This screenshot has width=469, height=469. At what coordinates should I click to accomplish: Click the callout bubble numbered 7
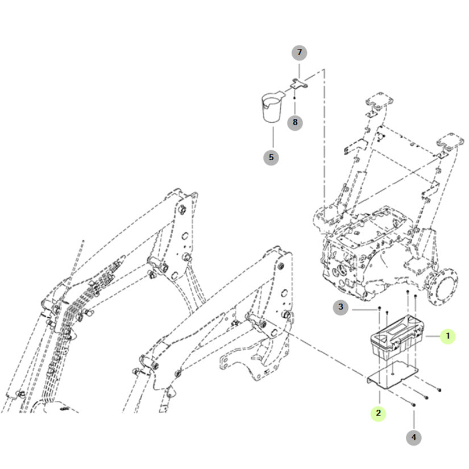(x=300, y=53)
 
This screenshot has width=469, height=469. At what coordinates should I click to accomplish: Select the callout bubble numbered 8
(x=295, y=122)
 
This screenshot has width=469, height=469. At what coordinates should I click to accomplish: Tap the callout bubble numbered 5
(x=271, y=157)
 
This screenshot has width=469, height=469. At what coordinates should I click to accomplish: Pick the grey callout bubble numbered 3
(x=341, y=307)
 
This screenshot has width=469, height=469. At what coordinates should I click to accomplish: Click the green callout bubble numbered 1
(x=448, y=336)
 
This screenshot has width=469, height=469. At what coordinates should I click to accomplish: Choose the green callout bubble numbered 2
(x=379, y=413)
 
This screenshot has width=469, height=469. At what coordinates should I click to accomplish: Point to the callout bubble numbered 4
(x=414, y=438)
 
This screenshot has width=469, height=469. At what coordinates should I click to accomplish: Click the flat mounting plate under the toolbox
(x=392, y=375)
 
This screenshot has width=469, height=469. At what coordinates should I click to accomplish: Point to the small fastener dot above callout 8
(x=294, y=98)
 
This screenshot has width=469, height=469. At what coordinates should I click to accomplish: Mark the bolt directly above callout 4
(x=413, y=404)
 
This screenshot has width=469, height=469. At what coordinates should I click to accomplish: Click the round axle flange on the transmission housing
(x=442, y=287)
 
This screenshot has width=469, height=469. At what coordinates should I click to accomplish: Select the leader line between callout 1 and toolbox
(x=433, y=336)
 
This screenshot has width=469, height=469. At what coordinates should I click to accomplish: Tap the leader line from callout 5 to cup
(x=273, y=138)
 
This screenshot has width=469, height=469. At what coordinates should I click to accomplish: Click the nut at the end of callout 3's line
(x=379, y=308)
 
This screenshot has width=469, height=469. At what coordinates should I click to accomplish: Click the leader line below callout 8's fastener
(x=294, y=107)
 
